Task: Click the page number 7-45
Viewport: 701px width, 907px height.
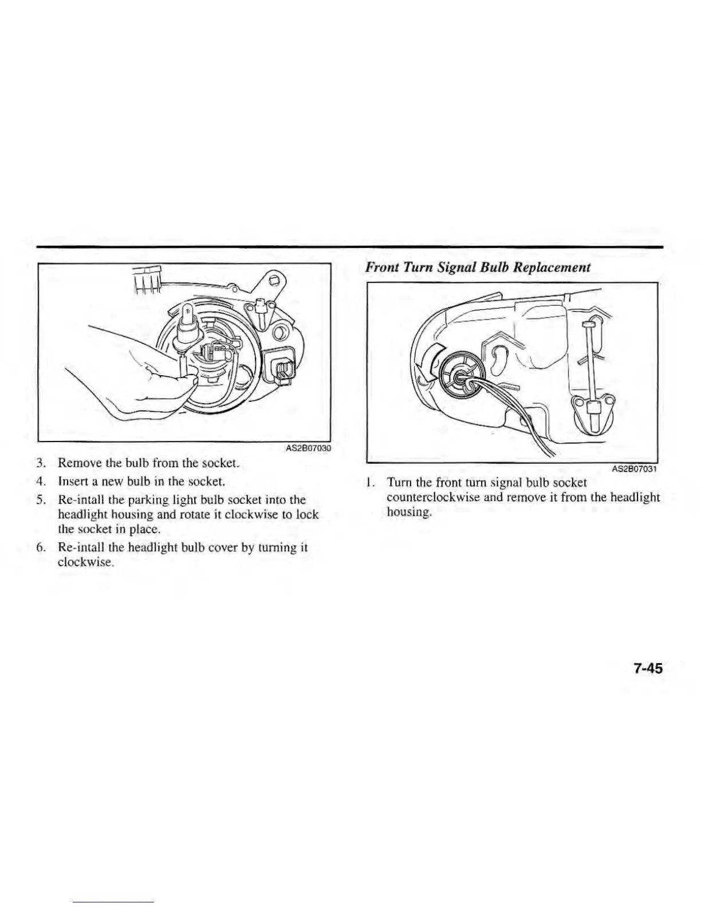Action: pyautogui.click(x=648, y=668)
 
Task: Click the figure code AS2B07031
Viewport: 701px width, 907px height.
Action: pyautogui.click(x=633, y=470)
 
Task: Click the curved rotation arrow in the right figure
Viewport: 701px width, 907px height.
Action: pyautogui.click(x=429, y=365)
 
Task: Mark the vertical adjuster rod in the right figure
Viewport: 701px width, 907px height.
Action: pyautogui.click(x=589, y=366)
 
